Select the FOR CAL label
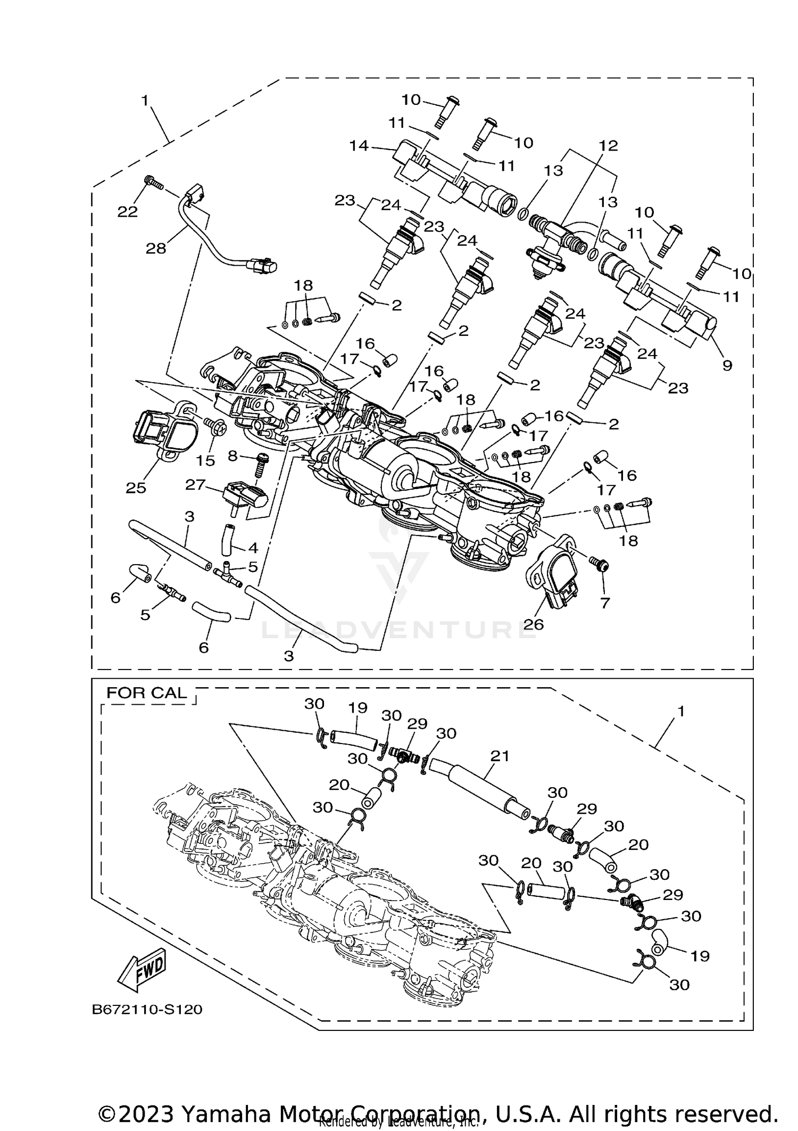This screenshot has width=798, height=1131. tap(147, 692)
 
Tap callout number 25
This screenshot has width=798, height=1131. tap(136, 488)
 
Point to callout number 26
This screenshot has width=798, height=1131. tap(533, 624)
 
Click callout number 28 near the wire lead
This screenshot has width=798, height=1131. tap(156, 248)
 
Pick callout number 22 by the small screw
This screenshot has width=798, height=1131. tap(128, 212)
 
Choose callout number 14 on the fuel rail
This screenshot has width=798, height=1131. tap(359, 145)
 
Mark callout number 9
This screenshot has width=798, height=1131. tap(727, 365)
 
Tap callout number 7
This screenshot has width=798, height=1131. tap(604, 602)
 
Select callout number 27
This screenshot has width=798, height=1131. tap(195, 485)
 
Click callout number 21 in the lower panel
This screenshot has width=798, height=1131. tap(500, 756)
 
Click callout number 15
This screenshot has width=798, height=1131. tap(206, 460)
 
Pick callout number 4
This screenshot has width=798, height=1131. tap(252, 547)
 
